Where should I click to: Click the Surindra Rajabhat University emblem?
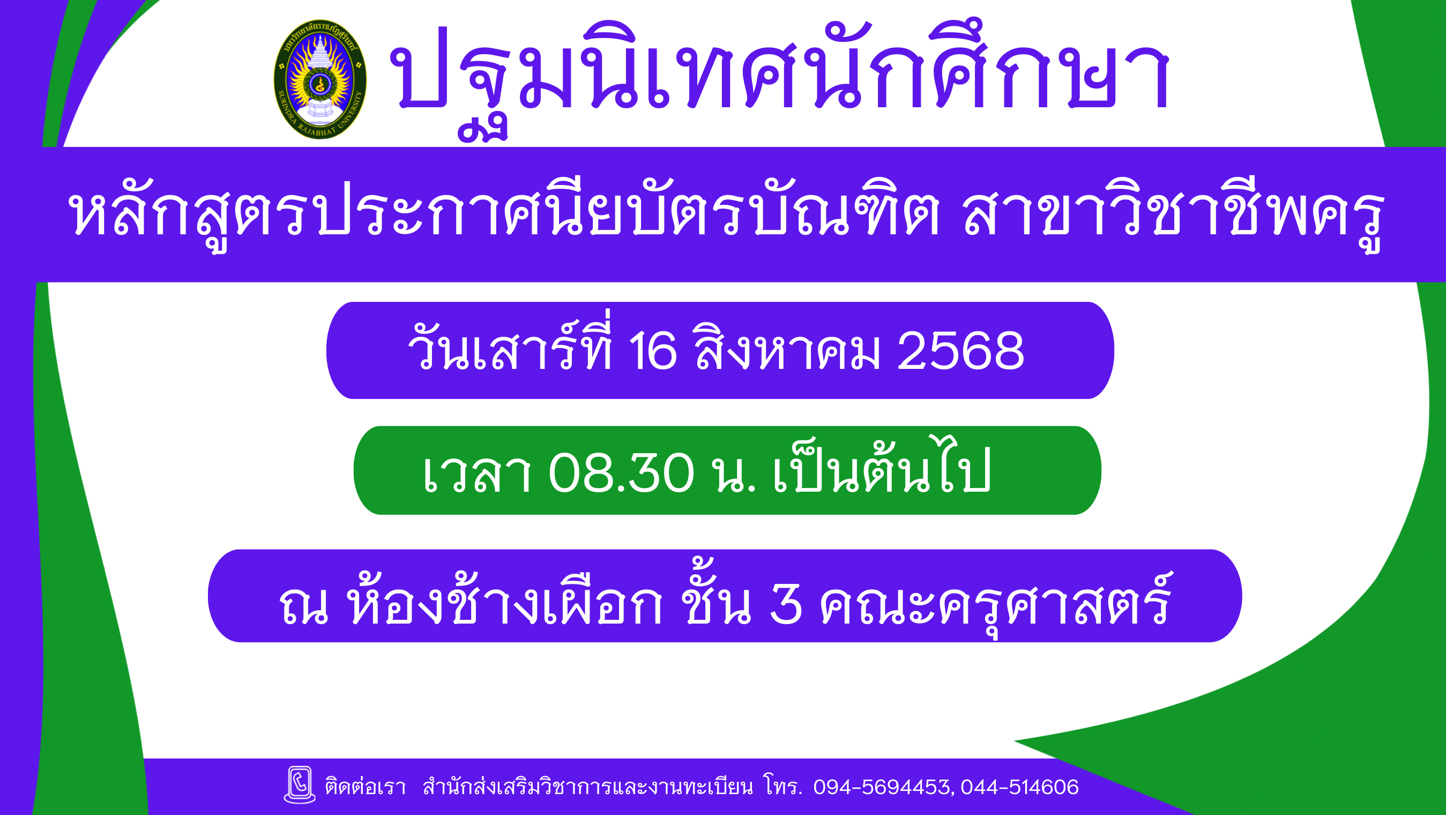pos(320,79)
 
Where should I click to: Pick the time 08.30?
pos(621,473)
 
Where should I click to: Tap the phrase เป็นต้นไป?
pos(882,464)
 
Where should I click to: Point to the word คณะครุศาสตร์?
pos(996,600)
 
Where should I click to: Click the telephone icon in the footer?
pos(300,784)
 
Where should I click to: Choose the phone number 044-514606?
pos(1020,788)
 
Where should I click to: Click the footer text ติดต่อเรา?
pos(366,787)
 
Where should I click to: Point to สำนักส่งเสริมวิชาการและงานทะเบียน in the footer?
pos(588,787)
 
